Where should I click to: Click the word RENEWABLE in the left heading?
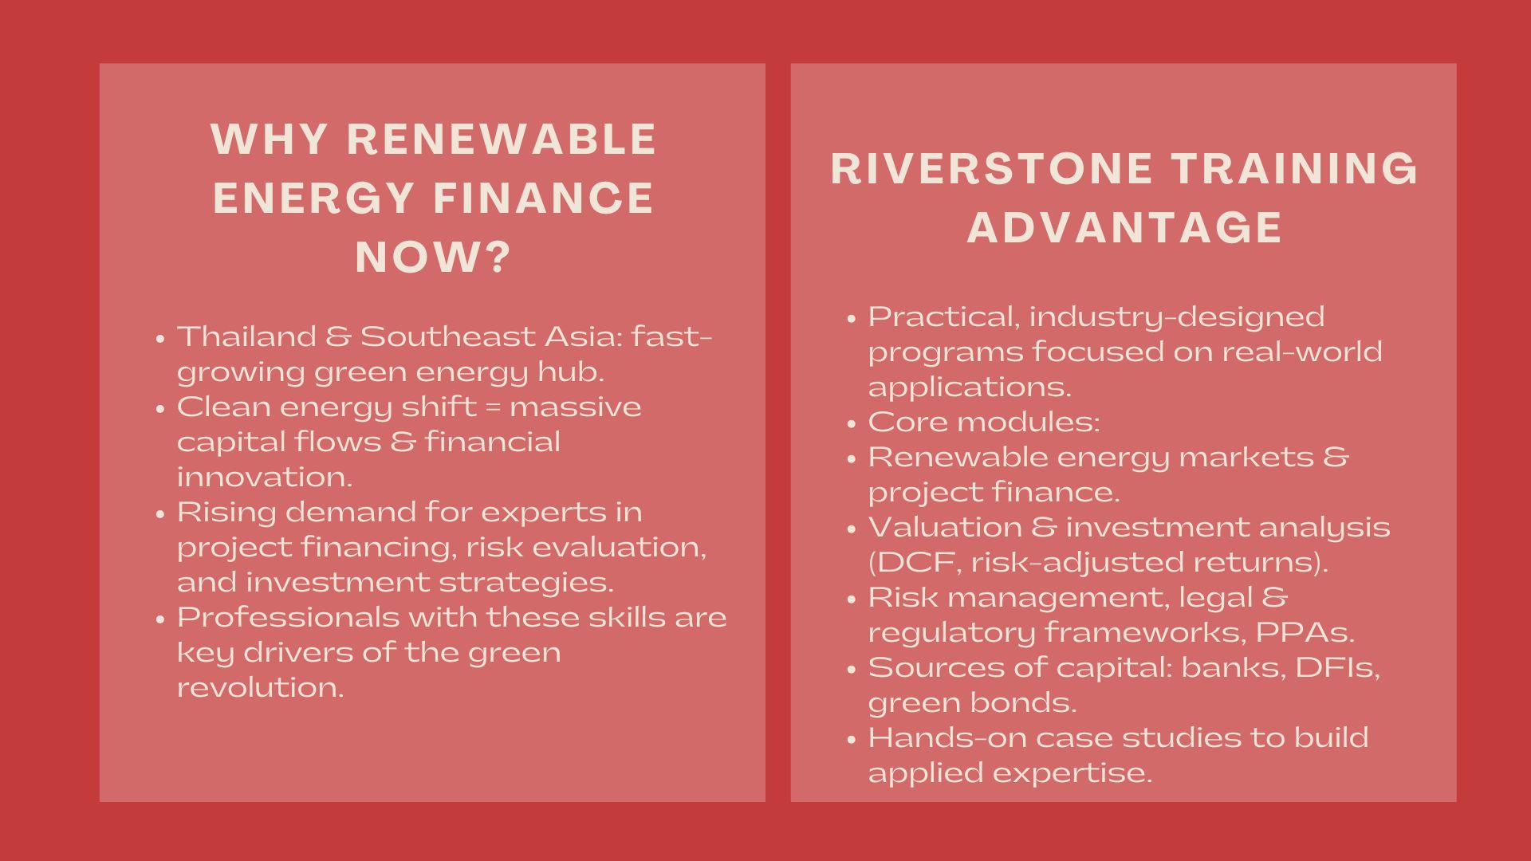click(502, 140)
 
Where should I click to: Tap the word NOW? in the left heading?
click(432, 258)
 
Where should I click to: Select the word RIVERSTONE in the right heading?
click(991, 169)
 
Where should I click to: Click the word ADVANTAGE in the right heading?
click(1124, 228)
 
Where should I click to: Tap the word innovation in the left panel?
click(264, 477)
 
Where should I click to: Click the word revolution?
click(260, 687)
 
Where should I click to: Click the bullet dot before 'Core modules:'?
click(851, 423)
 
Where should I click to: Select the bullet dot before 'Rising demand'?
click(159, 513)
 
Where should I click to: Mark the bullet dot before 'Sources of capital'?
click(851, 669)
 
